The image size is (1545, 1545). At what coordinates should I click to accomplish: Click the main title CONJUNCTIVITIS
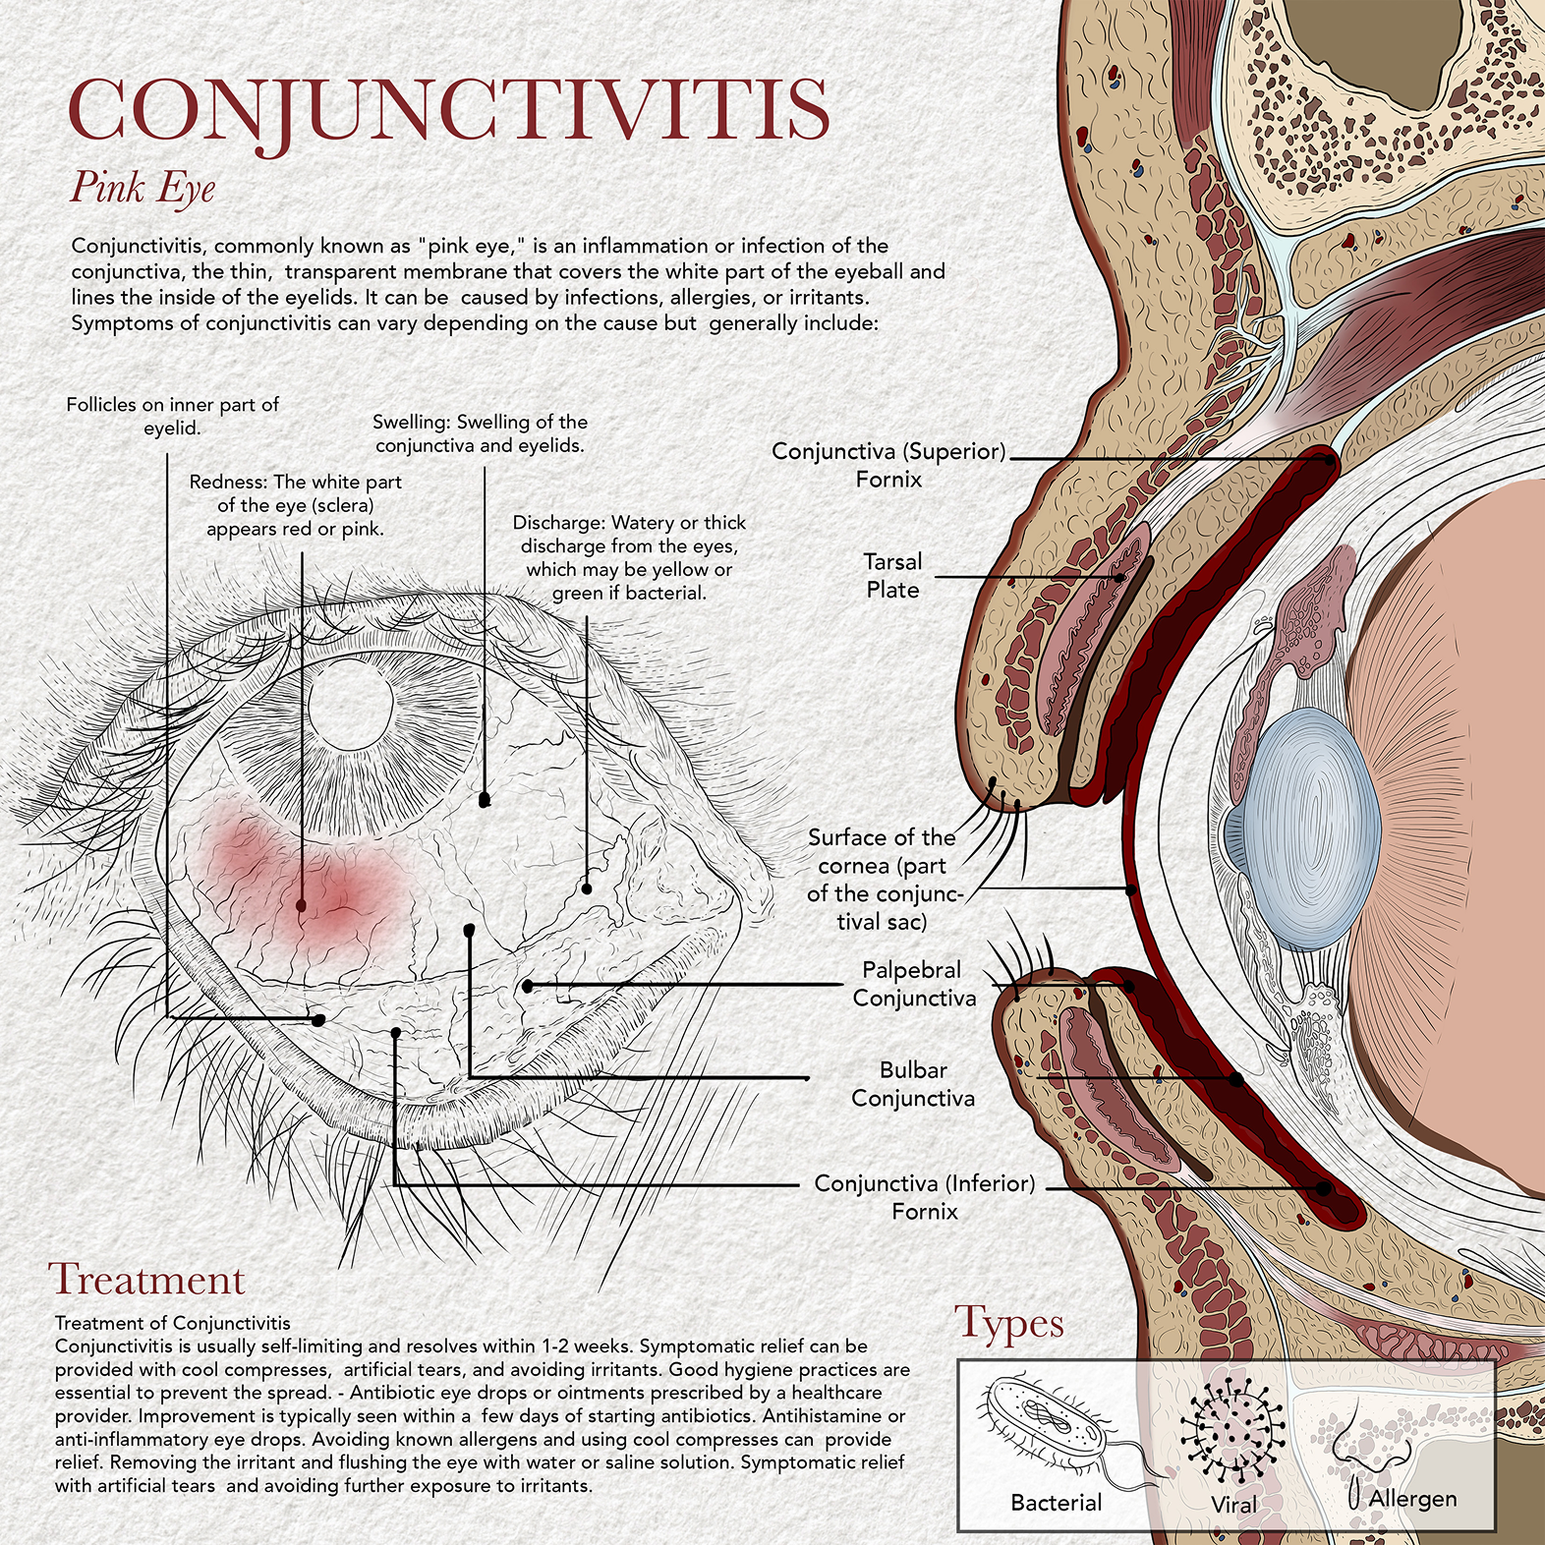pyautogui.click(x=449, y=110)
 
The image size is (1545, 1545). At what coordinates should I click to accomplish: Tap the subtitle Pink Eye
pyautogui.click(x=143, y=188)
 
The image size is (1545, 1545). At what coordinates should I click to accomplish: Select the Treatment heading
pyautogui.click(x=146, y=1280)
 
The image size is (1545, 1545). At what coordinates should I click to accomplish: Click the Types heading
pyautogui.click(x=1009, y=1325)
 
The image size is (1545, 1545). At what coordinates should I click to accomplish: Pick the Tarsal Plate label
pyautogui.click(x=892, y=576)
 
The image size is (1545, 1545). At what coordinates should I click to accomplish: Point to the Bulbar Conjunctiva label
pyautogui.click(x=913, y=1084)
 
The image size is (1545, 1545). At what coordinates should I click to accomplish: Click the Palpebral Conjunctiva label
pyautogui.click(x=914, y=984)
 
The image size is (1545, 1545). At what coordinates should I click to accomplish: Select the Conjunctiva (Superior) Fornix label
pyautogui.click(x=889, y=465)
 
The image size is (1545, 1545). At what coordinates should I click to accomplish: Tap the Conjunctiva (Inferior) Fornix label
pyautogui.click(x=925, y=1197)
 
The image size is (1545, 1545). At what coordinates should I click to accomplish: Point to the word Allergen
pyautogui.click(x=1412, y=1499)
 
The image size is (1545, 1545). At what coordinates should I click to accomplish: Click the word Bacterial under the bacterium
pyautogui.click(x=1057, y=1503)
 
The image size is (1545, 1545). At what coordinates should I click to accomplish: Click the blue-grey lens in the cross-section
pyautogui.click(x=1312, y=830)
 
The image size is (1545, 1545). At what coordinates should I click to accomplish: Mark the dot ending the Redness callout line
pyautogui.click(x=301, y=905)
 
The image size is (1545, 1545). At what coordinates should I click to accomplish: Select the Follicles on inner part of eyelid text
pyautogui.click(x=173, y=416)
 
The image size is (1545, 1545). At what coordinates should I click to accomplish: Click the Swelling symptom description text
pyautogui.click(x=481, y=433)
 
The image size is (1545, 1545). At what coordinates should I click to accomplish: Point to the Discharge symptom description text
pyautogui.click(x=629, y=557)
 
